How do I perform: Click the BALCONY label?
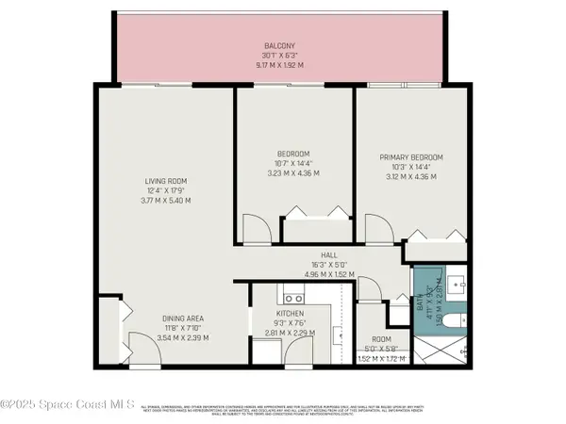pos(279,45)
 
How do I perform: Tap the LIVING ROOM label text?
pos(166,180)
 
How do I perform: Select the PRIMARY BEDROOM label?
pos(410,156)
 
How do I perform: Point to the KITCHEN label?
pos(289,312)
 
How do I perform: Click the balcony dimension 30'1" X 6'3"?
pos(279,55)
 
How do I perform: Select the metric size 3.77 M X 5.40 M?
pos(166,201)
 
